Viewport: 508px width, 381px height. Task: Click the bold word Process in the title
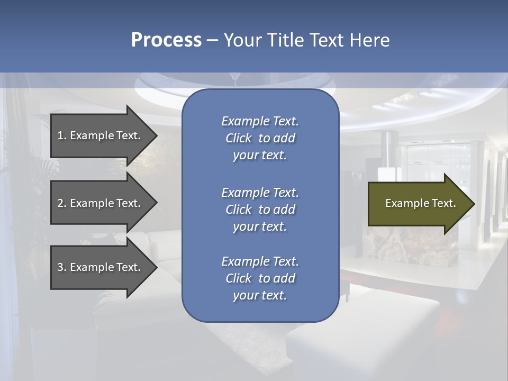[x=166, y=40]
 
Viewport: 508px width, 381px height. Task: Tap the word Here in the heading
[x=369, y=40]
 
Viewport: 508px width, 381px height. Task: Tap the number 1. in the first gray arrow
[x=62, y=135]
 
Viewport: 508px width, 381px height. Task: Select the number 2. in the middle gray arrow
[x=62, y=203]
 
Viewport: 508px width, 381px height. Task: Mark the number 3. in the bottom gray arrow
[x=62, y=267]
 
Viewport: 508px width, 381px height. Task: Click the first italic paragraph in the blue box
[x=260, y=138]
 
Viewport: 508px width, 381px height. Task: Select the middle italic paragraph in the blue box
[x=260, y=210]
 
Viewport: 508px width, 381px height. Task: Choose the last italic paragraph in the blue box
[x=260, y=278]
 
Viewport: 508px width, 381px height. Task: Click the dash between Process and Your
[x=212, y=40]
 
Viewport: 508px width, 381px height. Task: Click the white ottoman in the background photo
[x=365, y=328]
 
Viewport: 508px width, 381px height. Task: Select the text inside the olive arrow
[x=420, y=203]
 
